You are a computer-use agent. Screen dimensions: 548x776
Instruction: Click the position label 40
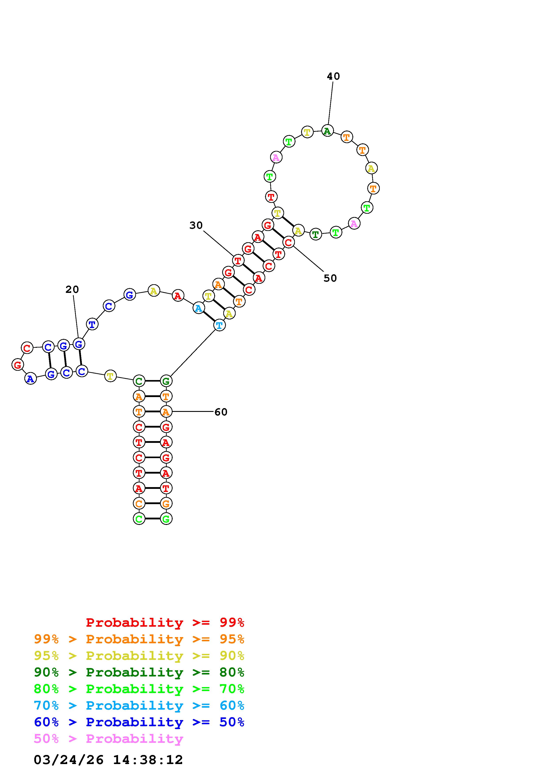click(333, 76)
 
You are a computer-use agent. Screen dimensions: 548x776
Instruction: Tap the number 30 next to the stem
click(196, 225)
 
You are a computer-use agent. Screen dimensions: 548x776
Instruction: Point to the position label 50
click(330, 278)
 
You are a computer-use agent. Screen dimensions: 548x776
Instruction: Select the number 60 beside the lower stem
click(221, 412)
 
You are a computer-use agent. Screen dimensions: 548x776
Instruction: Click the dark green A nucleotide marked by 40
click(327, 131)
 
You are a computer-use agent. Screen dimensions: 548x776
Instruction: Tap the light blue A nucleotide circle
click(199, 308)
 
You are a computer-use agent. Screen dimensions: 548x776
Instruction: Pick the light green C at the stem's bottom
click(139, 519)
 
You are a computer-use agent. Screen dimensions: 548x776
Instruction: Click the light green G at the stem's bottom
click(166, 519)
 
